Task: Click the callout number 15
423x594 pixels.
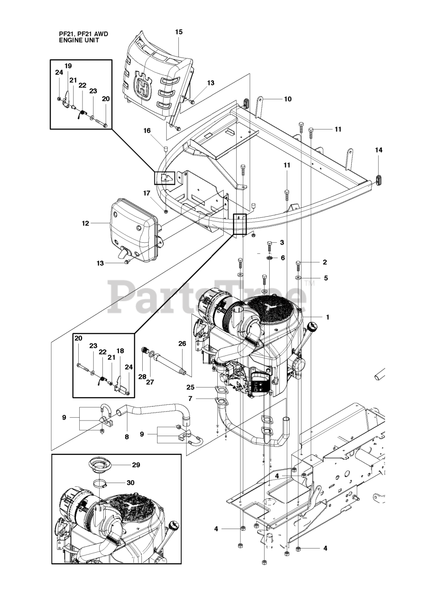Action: (179, 32)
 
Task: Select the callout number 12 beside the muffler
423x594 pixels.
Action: (86, 223)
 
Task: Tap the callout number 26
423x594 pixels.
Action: (182, 343)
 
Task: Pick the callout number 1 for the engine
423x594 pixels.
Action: (328, 317)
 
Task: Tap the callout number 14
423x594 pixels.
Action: (379, 150)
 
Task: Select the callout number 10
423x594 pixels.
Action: (288, 99)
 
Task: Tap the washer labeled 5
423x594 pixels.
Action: (298, 278)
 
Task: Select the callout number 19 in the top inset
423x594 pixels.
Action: (68, 65)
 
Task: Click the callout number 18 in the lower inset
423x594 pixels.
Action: (120, 351)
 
